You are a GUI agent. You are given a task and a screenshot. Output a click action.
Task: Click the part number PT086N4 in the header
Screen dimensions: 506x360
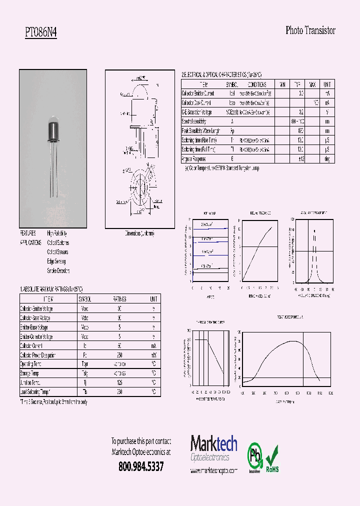[41, 32]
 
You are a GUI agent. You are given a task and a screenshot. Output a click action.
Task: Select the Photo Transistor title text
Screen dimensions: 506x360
[310, 30]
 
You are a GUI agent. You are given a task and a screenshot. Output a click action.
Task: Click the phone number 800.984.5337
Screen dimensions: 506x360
[141, 466]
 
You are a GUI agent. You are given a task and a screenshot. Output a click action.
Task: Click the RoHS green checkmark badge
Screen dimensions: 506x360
[272, 458]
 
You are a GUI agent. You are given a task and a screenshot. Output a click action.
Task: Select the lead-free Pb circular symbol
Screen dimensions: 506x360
[255, 456]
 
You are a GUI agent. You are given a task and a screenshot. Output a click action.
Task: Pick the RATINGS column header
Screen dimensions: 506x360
[119, 298]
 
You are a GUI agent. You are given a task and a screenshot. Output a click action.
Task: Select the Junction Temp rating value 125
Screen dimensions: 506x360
[119, 383]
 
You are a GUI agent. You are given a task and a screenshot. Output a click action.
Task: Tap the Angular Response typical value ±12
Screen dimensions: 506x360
[300, 158]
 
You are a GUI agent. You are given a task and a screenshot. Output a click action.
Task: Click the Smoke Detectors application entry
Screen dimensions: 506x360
[58, 270]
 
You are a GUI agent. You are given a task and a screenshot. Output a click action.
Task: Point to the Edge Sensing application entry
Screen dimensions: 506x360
[56, 261]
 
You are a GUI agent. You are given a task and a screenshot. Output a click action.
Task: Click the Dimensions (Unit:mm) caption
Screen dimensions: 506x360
[139, 233]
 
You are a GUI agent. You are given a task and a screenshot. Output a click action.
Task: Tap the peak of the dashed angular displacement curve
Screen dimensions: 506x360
[314, 231]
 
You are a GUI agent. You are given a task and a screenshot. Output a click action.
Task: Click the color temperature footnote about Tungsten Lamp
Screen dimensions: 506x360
[222, 168]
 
